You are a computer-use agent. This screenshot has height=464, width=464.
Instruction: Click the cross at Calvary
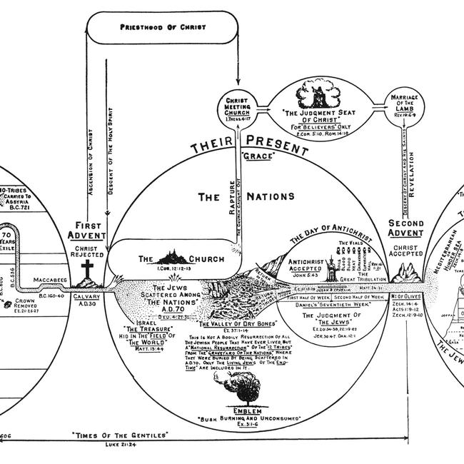click(87, 271)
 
